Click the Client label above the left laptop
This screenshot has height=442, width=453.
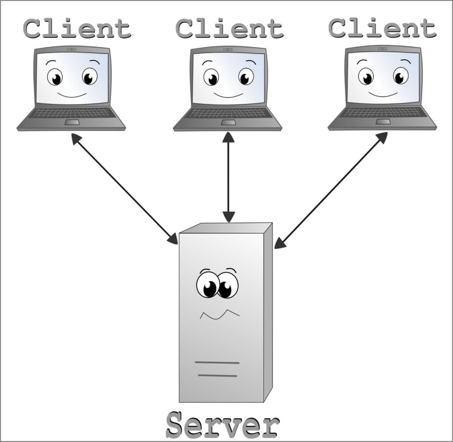pos(77,29)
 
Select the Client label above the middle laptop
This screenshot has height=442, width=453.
pos(229,29)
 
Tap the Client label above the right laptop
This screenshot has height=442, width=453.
pos(382,29)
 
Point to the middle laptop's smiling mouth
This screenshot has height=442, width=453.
pos(228,95)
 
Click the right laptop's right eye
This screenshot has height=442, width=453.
pos(400,76)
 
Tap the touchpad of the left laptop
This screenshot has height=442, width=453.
pos(72,122)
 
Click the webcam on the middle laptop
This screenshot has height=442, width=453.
pos(228,50)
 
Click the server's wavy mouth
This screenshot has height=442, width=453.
pos(219,314)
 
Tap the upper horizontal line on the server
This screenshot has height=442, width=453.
pos(217,363)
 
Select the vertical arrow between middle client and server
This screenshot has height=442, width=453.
pos(228,177)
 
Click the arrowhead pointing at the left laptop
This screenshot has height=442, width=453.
pos(76,140)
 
